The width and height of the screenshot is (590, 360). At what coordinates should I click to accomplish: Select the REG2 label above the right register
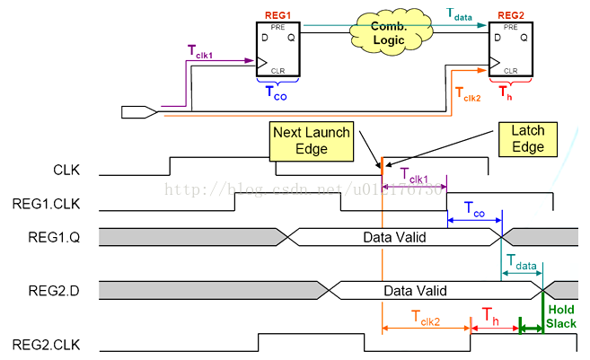click(x=509, y=15)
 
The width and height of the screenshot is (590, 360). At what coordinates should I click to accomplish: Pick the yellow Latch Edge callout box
click(x=527, y=140)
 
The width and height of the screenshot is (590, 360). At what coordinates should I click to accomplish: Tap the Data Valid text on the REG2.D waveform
click(x=416, y=291)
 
